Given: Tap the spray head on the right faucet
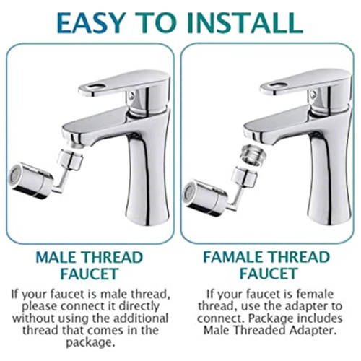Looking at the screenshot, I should tap(202, 193).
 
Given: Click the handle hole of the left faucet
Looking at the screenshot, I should tap(89, 87).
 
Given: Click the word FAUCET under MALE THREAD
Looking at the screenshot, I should tap(90, 275).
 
